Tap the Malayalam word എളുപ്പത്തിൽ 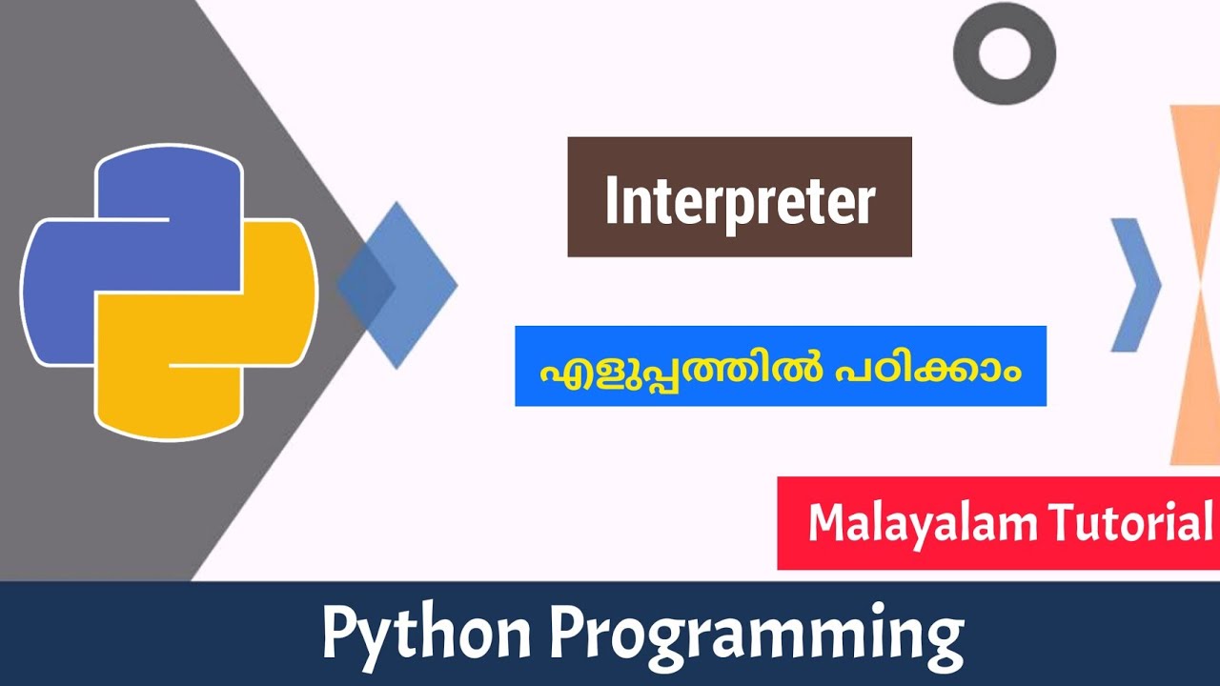click(x=667, y=368)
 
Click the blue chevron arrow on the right click(x=1135, y=285)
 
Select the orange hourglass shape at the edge click(x=1197, y=285)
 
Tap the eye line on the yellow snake click(x=206, y=366)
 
